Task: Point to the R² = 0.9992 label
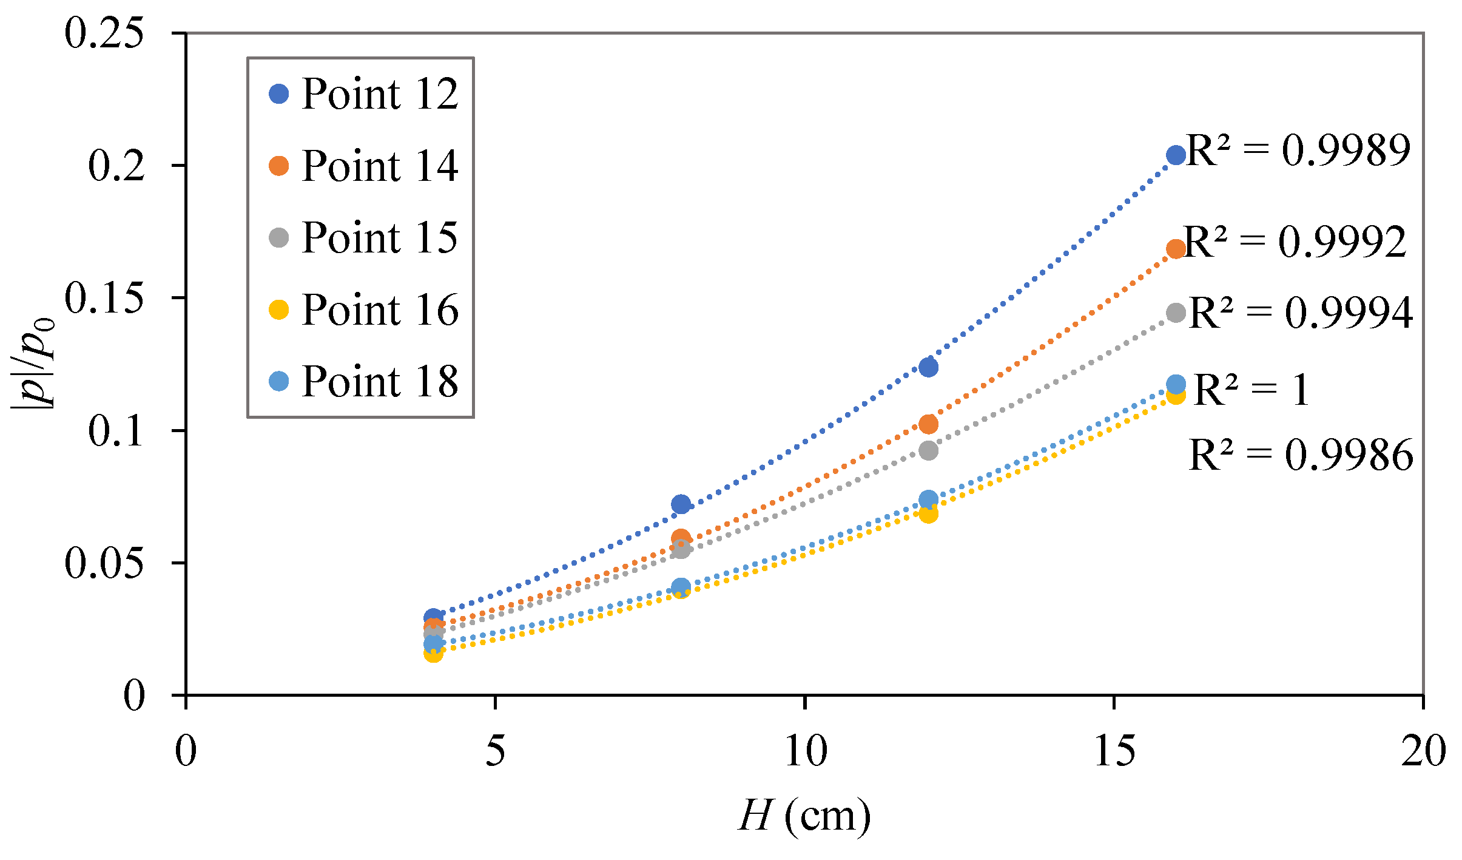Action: tap(1295, 242)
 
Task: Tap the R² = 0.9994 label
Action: tap(1301, 313)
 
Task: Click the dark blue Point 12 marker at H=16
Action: tap(1176, 155)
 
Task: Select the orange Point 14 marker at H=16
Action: tap(1176, 248)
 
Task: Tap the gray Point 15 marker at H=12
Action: tap(928, 450)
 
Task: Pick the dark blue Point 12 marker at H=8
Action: tap(681, 504)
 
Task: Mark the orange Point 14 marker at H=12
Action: tap(928, 424)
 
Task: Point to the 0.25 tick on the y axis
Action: tap(104, 33)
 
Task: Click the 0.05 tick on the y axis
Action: tap(104, 563)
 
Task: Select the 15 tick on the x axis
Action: tap(1114, 751)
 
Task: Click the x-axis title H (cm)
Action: tap(805, 816)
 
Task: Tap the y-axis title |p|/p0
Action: tap(33, 364)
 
